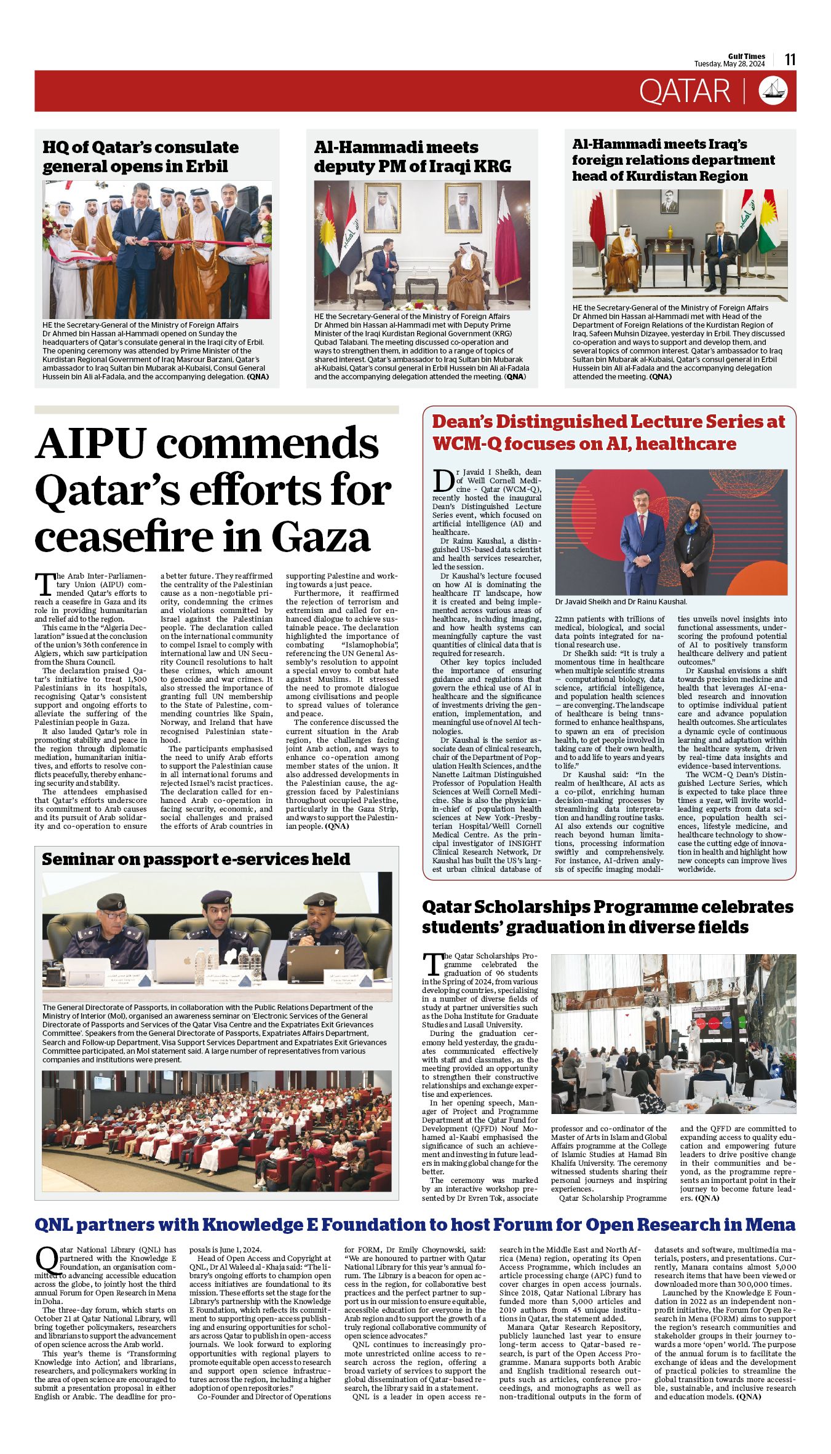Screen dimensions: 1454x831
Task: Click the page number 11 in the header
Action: pyautogui.click(x=790, y=59)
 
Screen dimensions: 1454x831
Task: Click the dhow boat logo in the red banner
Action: pyautogui.click(x=773, y=90)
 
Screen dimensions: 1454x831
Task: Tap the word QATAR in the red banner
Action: pyautogui.click(x=684, y=91)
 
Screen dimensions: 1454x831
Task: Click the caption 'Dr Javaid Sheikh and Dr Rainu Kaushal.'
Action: pyautogui.click(x=621, y=602)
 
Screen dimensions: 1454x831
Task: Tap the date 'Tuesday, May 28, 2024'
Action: pyautogui.click(x=730, y=64)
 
